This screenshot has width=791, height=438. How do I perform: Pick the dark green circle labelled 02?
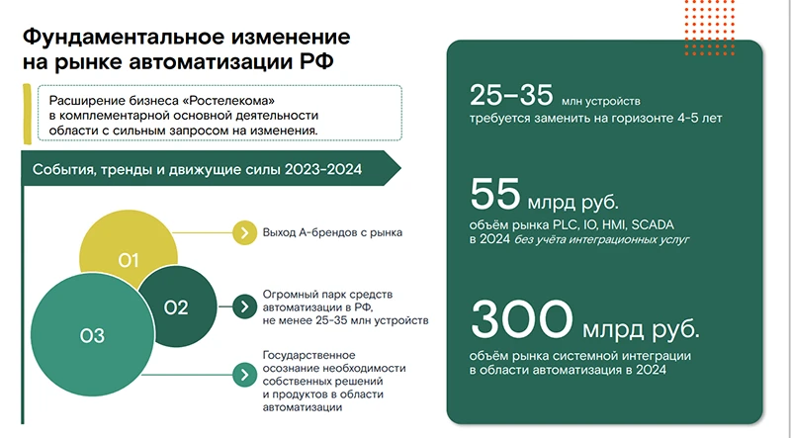pos(176,307)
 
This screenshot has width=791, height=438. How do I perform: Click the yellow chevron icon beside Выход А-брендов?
pos(241,233)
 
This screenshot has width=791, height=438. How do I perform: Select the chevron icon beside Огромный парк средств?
pos(241,307)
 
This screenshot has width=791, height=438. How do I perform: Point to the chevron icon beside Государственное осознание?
pos(241,376)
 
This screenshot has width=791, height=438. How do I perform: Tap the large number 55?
pos(497,194)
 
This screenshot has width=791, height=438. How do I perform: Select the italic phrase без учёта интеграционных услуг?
pos(599,238)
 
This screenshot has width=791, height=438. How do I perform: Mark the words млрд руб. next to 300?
pos(652,327)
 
